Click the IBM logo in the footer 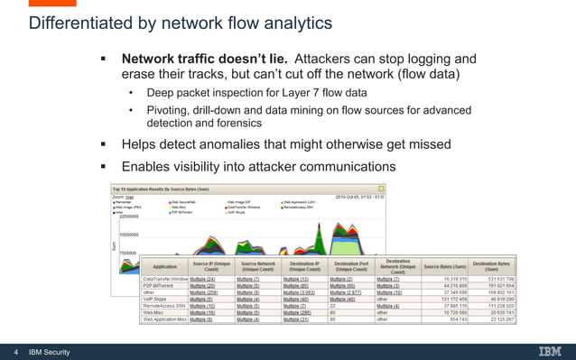[x=549, y=351]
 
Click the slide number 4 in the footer [x=16, y=351]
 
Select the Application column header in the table [x=165, y=268]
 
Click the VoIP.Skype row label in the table [x=161, y=299]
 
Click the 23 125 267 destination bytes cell [x=497, y=319]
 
